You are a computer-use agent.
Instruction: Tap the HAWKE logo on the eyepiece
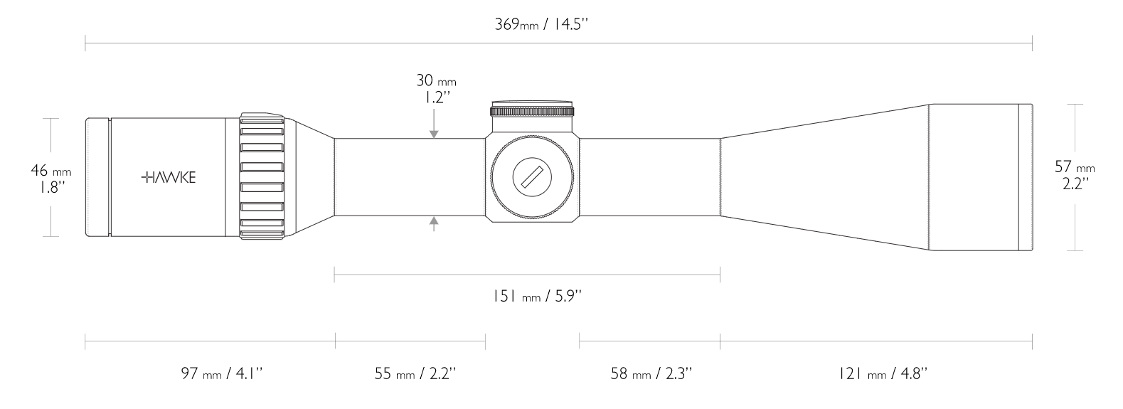pyautogui.click(x=169, y=177)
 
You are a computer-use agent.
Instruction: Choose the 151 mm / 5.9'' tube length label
pyautogui.click(x=533, y=296)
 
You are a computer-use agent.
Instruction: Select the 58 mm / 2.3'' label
pyautogui.click(x=651, y=373)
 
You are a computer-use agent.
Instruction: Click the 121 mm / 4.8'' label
pyautogui.click(x=883, y=373)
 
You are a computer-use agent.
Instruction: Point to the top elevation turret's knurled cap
pyautogui.click(x=532, y=110)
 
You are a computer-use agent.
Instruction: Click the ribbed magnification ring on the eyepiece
pyautogui.click(x=262, y=177)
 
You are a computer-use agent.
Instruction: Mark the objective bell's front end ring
pyautogui.click(x=1025, y=177)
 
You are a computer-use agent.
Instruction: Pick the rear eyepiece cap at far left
pyautogui.click(x=97, y=177)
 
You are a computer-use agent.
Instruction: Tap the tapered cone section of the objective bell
pyautogui.click(x=825, y=177)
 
